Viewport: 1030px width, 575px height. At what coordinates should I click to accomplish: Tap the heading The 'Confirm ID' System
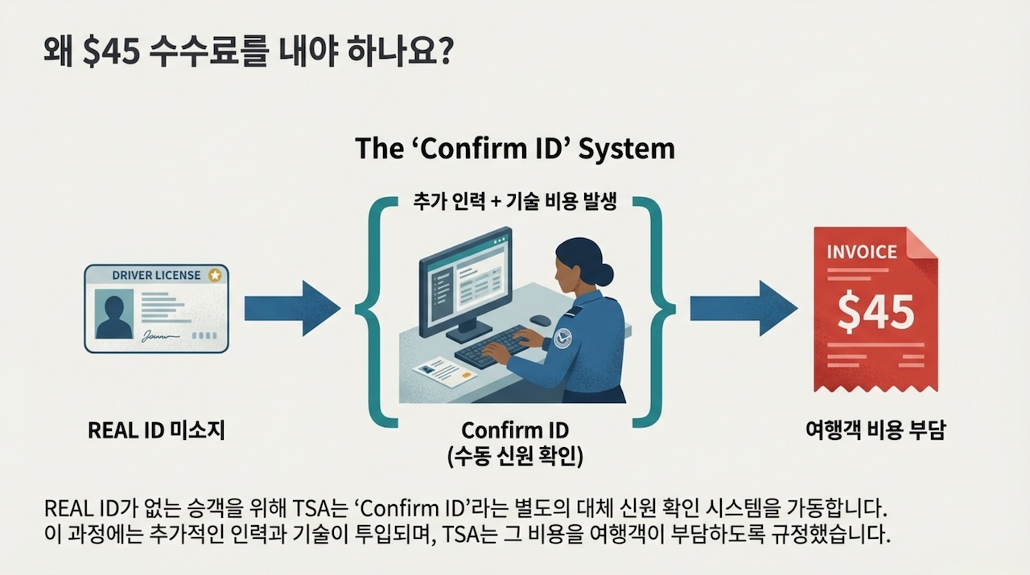514,149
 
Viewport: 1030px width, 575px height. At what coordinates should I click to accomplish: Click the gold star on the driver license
215,275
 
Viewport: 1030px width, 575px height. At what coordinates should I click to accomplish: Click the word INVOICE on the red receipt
861,252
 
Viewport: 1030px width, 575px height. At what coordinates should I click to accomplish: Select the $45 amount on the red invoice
875,312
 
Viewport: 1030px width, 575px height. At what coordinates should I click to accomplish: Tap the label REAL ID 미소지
156,431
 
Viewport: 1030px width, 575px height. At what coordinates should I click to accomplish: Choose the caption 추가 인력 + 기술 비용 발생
515,201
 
